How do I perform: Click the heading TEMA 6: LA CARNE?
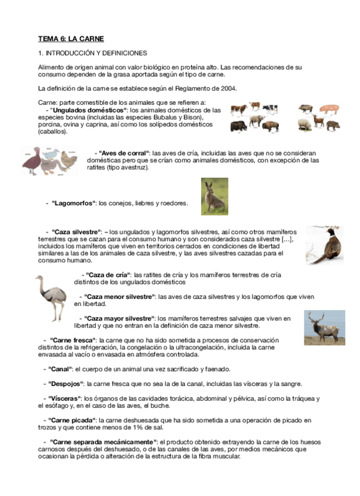(71, 39)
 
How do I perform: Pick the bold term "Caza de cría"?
(108, 274)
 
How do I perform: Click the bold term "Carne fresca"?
(72, 340)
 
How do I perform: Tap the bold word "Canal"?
(60, 369)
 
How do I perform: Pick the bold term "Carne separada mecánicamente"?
(103, 442)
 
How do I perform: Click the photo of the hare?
(214, 197)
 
